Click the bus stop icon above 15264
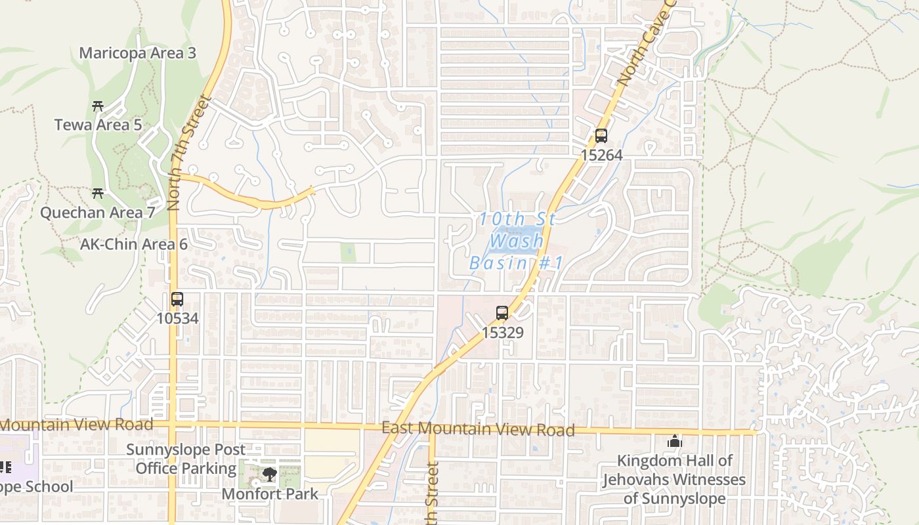tap(601, 136)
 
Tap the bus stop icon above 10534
tap(177, 299)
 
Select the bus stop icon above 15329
tap(502, 313)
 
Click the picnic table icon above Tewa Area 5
tap(98, 106)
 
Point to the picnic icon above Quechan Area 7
tap(98, 193)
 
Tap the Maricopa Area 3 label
tap(138, 53)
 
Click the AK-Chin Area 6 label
tap(134, 245)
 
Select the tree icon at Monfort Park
tap(268, 474)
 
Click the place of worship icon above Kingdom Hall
tap(674, 442)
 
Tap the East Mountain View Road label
tap(479, 429)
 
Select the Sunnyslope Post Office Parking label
tap(186, 459)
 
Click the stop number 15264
tap(601, 156)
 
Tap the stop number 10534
tap(177, 319)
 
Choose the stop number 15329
tap(503, 333)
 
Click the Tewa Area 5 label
tap(98, 125)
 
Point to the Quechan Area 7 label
tap(98, 213)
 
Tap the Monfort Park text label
tap(270, 493)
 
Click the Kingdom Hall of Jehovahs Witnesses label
tap(675, 480)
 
